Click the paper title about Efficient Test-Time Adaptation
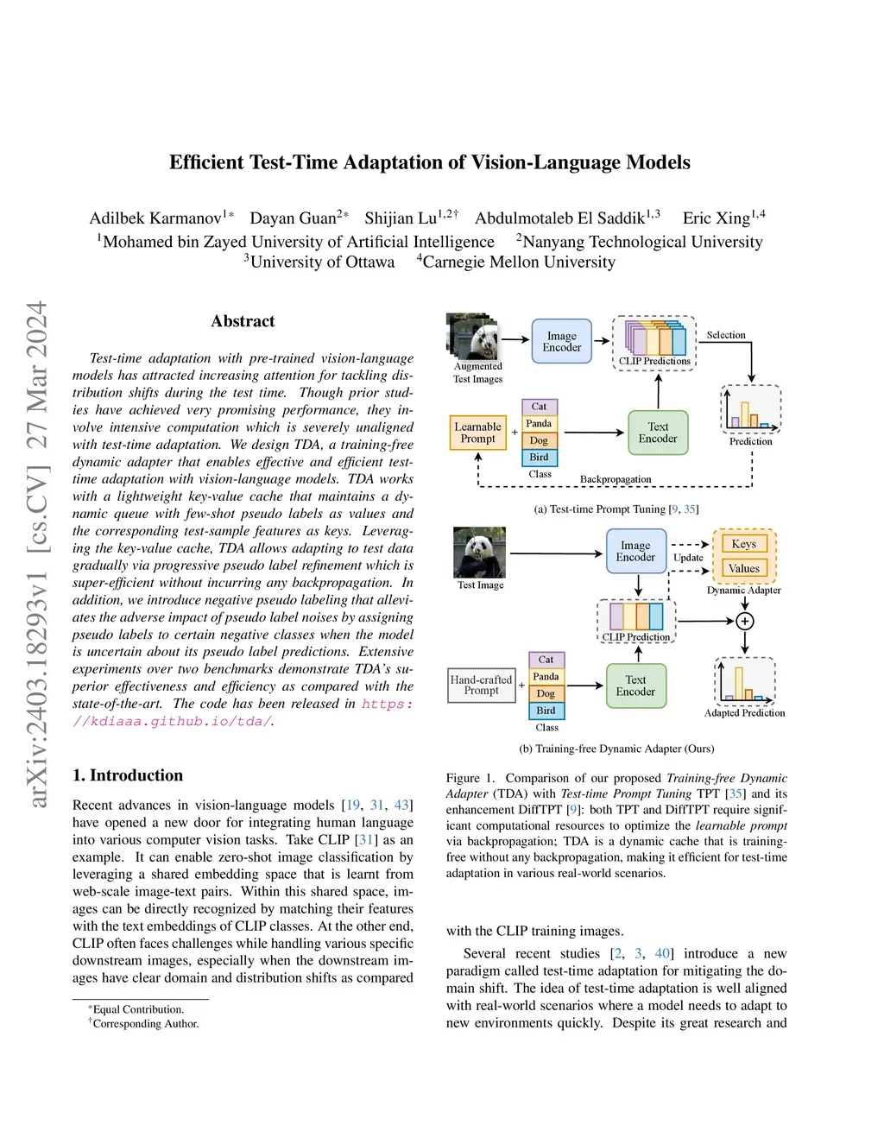click(429, 162)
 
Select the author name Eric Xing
click(716, 218)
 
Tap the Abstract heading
click(243, 321)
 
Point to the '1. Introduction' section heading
click(128, 775)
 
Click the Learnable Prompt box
click(477, 433)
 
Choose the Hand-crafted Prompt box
click(481, 686)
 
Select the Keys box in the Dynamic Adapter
click(743, 544)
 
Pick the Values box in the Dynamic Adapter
click(743, 568)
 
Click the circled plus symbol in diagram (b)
click(745, 621)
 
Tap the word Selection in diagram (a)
click(726, 335)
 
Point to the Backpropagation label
click(616, 479)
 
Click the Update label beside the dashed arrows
click(688, 558)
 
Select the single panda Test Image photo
click(479, 553)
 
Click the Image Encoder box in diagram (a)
click(562, 342)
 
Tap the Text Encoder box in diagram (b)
click(635, 686)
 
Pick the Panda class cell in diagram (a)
click(539, 423)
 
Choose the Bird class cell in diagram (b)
click(546, 711)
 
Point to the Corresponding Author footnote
click(145, 1024)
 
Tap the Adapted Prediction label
click(744, 713)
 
